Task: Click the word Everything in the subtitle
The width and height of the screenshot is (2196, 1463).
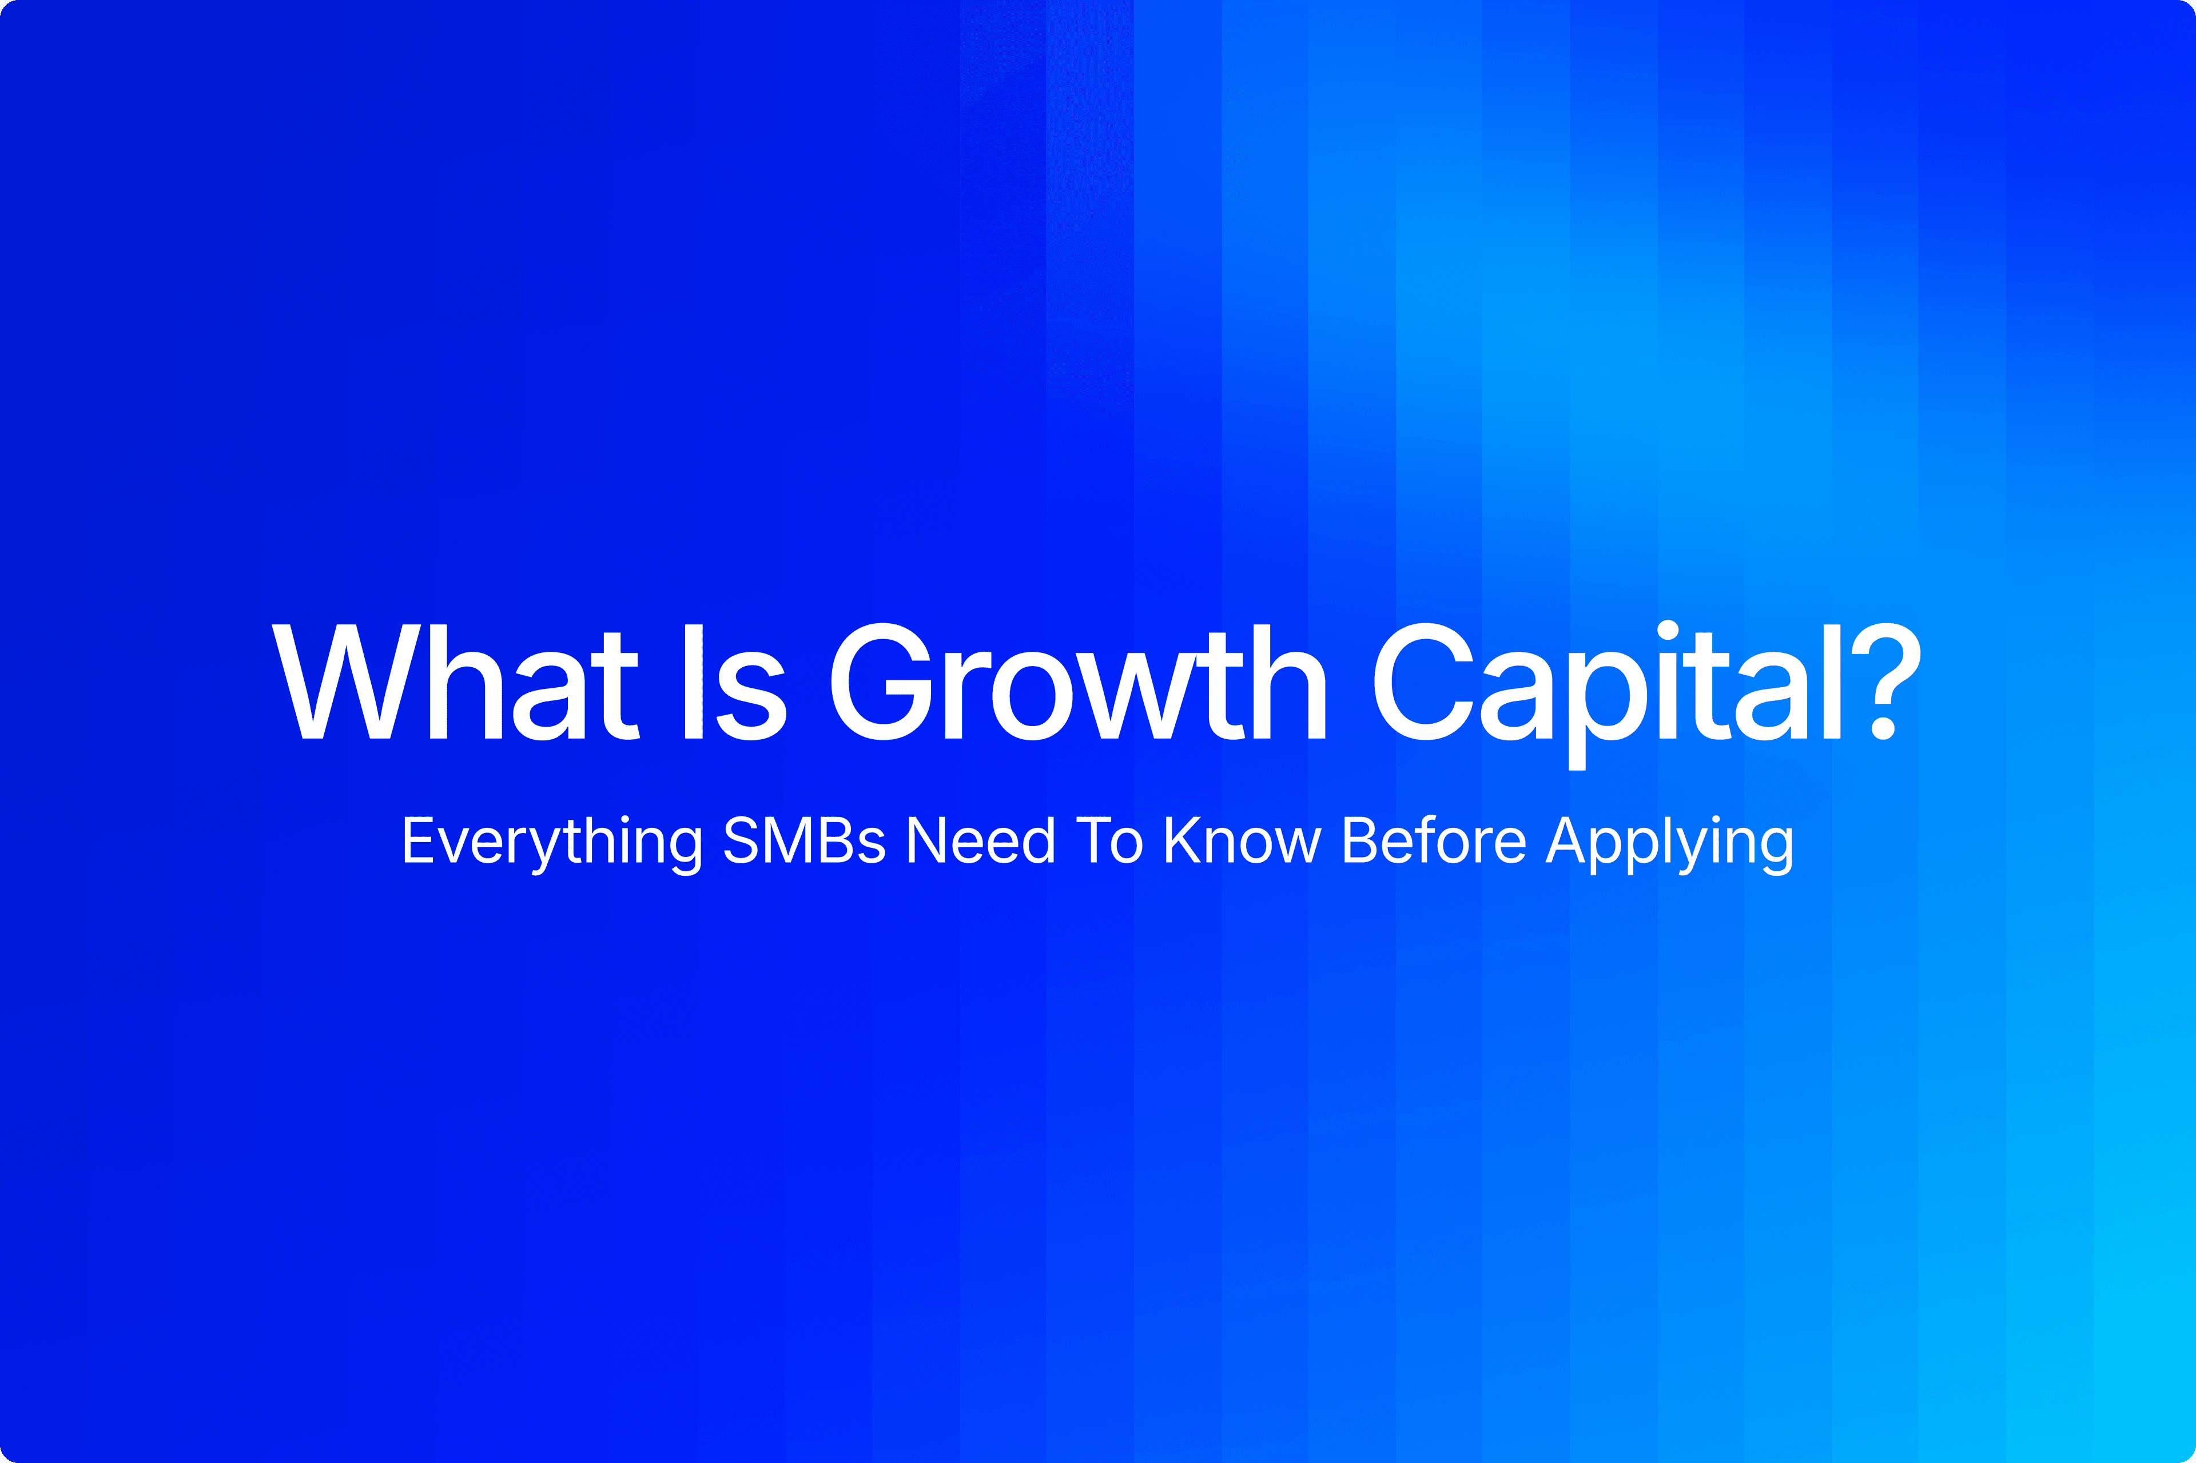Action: click(x=551, y=842)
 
